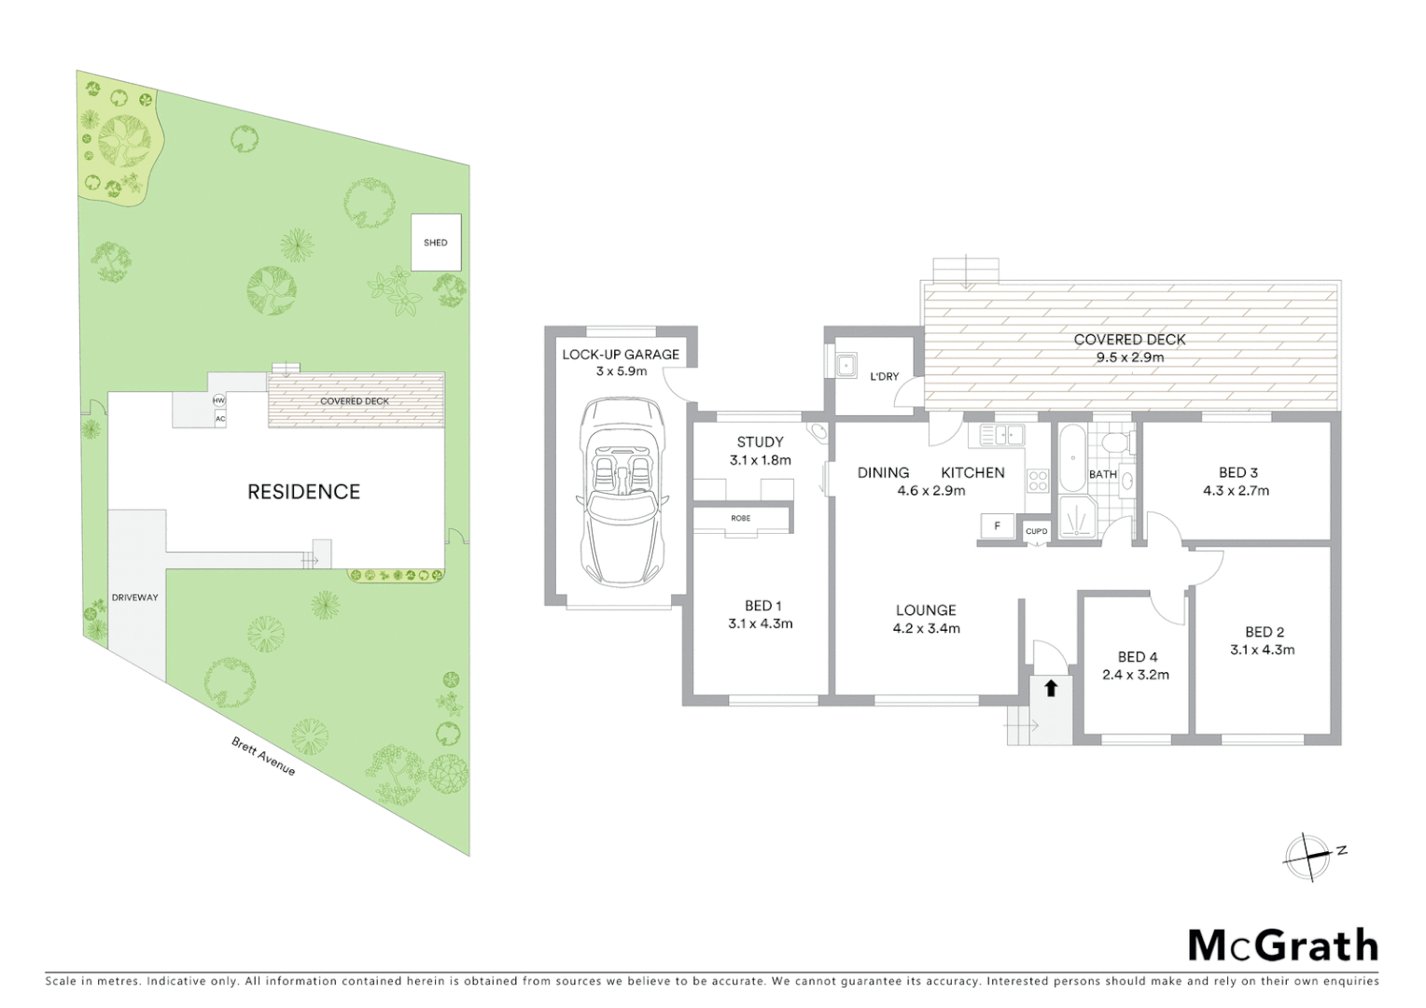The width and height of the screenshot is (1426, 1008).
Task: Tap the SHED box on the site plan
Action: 436,243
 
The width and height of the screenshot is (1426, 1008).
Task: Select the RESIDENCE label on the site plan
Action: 303,492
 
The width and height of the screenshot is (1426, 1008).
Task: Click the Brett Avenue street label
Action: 263,756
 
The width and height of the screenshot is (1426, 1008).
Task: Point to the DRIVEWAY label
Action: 135,597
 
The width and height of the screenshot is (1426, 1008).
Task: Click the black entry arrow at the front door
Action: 1051,689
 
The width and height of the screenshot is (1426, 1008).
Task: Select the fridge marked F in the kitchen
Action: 997,526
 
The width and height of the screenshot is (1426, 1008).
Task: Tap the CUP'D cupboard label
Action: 1036,532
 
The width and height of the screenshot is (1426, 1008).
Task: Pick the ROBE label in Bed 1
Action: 741,518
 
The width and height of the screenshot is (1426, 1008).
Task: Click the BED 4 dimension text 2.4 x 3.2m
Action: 1136,675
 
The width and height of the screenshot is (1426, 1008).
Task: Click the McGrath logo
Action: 1282,945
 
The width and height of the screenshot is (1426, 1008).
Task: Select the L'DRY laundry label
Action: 884,376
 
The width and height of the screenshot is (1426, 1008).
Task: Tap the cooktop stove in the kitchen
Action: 1038,481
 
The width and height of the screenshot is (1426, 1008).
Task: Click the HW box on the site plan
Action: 219,400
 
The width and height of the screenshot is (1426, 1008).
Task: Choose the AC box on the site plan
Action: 219,419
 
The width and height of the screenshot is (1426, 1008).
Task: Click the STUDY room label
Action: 760,442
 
